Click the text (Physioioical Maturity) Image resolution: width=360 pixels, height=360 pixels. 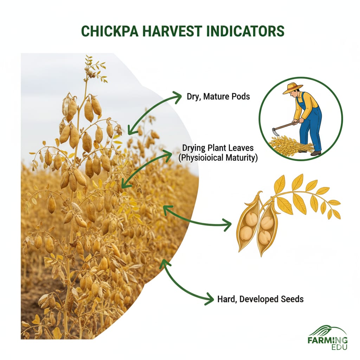[218, 158]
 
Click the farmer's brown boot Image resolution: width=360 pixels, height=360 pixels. [316, 153]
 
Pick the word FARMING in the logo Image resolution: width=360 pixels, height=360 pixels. [327, 340]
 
